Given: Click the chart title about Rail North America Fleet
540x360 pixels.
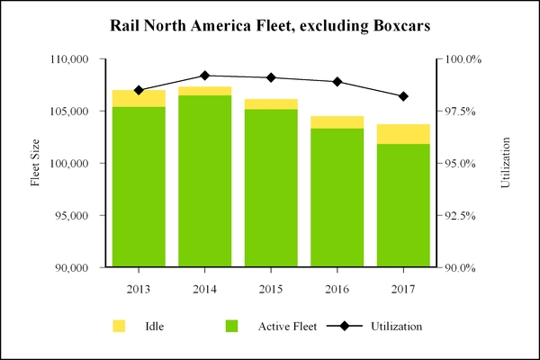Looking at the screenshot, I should [270, 24].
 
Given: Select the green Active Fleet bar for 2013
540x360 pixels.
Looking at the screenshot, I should [139, 187].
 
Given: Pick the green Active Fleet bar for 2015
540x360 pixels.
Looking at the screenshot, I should [271, 188].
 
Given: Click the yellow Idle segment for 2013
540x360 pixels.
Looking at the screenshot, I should [139, 98].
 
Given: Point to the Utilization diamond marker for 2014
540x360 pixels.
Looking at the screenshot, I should [204, 76].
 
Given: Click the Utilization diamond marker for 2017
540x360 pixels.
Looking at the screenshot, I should [403, 96].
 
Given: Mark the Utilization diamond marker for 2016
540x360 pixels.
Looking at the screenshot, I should [337, 82].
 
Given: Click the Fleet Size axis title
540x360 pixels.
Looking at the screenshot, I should [36, 163].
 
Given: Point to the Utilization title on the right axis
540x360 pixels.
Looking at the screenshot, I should [506, 163].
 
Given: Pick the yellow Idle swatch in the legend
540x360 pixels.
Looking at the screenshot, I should [118, 325].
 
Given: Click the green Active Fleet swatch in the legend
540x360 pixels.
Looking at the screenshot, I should [231, 325].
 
